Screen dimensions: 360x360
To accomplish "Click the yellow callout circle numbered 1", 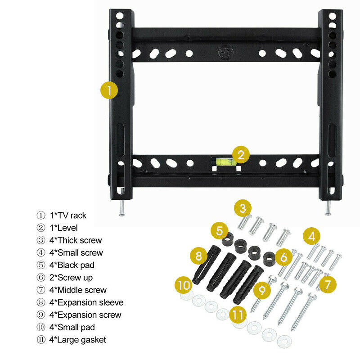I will (x=109, y=90).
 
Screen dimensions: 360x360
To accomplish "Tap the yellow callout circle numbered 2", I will (x=241, y=155).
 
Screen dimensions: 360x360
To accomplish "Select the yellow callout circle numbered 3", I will (x=243, y=208).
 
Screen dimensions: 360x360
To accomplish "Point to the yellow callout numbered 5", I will (x=219, y=231).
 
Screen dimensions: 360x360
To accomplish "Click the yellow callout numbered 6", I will (x=283, y=257).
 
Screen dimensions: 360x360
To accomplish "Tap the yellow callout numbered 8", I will (x=198, y=257).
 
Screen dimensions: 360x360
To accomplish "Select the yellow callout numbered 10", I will (x=183, y=285).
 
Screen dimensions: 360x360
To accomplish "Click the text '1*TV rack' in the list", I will (x=67, y=215).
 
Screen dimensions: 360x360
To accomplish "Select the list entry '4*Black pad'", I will (x=72, y=265).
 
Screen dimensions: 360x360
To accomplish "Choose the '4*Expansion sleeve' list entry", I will (x=86, y=302).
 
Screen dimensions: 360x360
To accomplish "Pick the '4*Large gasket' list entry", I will (x=77, y=340).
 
